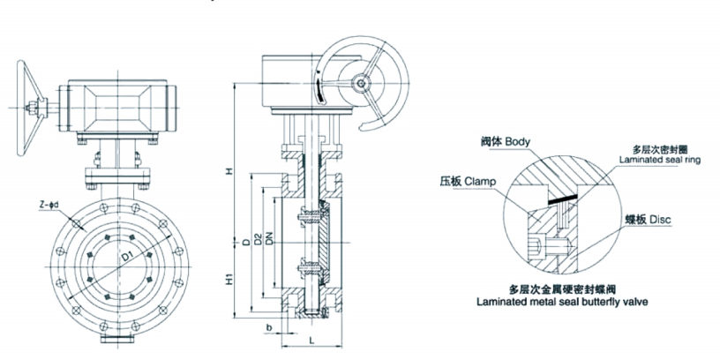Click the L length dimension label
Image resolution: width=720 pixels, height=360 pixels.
pos(312,339)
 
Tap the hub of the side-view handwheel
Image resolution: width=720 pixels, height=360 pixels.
pos(360,85)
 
